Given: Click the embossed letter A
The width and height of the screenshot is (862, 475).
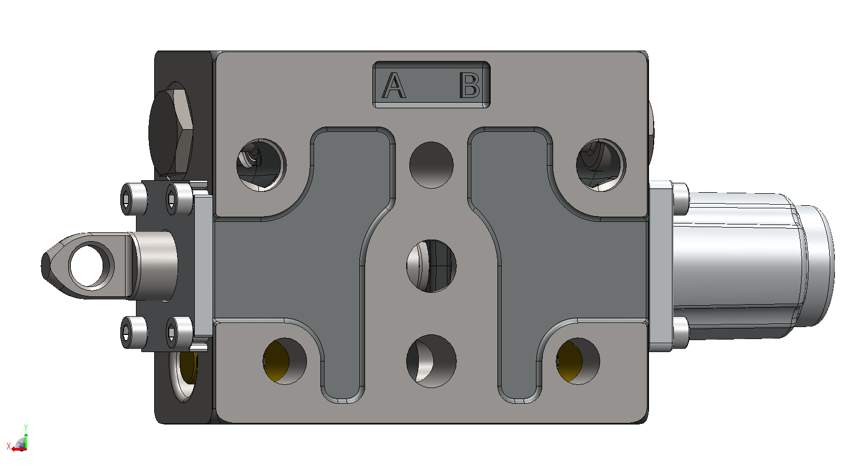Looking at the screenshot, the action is tap(394, 85).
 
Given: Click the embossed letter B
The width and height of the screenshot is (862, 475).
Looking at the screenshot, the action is tap(470, 85).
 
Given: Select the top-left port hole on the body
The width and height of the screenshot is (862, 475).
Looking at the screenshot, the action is tap(261, 165).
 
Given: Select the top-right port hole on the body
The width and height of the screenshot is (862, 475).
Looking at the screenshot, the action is tap(601, 165).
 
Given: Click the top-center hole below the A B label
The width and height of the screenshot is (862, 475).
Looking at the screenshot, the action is tap(431, 165).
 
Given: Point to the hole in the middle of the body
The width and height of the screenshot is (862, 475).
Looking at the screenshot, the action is tap(431, 266).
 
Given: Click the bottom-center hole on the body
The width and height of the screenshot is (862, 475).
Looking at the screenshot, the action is tap(431, 361).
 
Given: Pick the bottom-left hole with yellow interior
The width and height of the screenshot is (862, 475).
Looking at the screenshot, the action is tap(285, 361).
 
